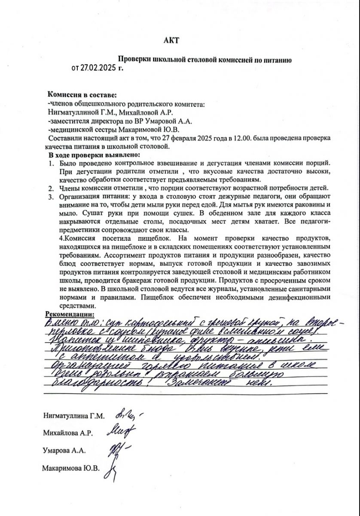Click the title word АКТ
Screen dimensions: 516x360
point(171,40)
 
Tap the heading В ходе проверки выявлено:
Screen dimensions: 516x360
point(94,155)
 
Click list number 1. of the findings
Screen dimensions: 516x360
point(51,163)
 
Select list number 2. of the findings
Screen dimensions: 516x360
point(51,188)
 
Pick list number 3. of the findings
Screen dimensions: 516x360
point(51,197)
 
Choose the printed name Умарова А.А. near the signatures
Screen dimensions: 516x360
point(64,451)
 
